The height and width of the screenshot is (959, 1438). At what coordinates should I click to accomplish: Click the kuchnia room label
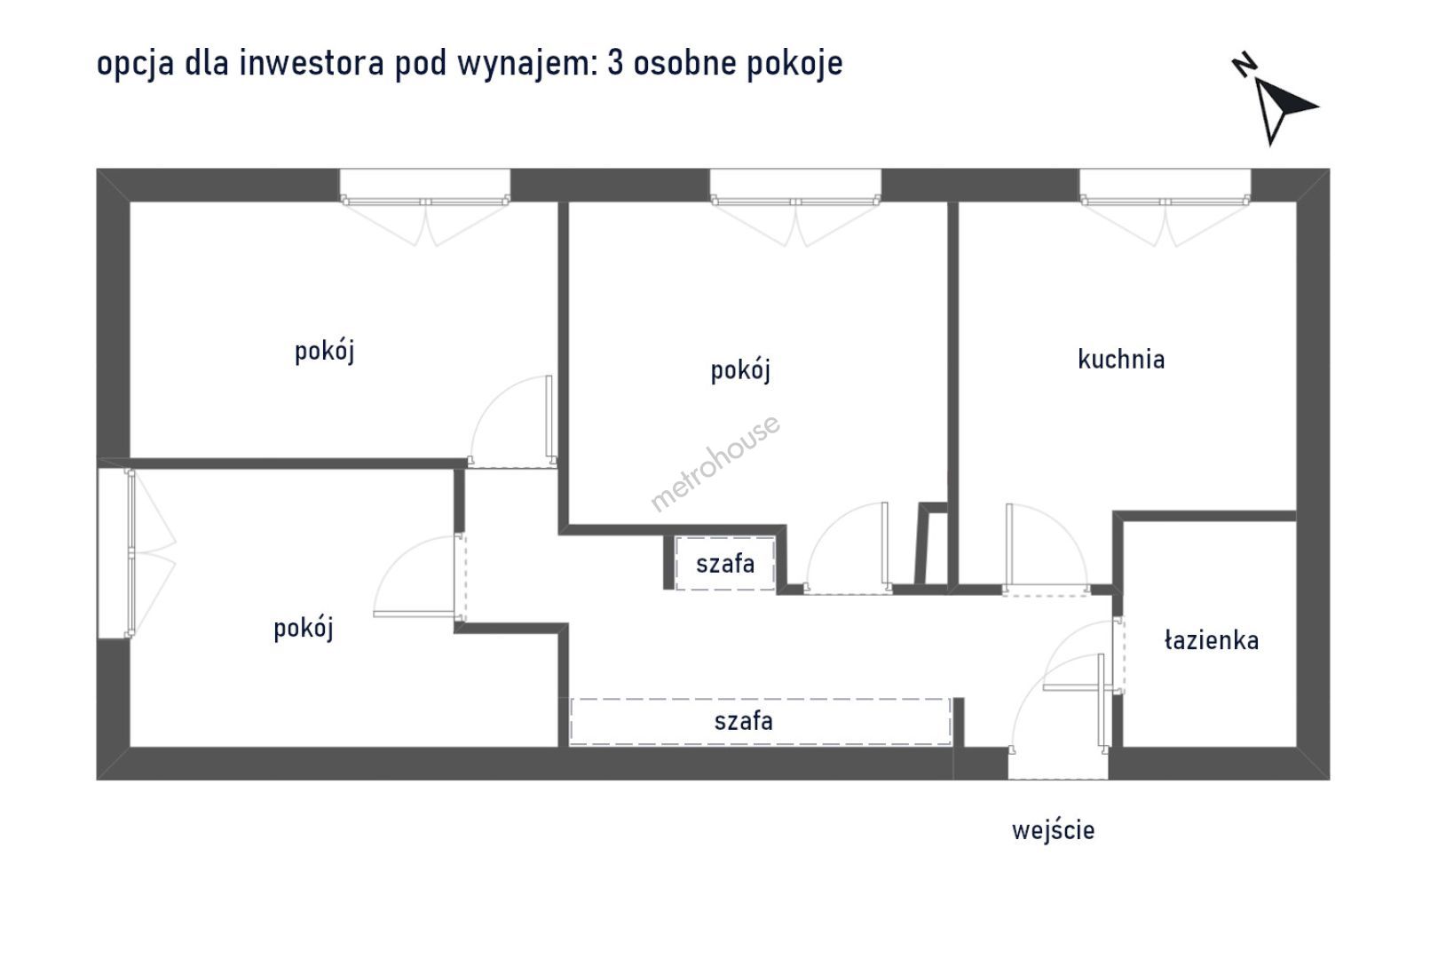1121,360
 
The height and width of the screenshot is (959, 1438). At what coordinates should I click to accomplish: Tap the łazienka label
1211,640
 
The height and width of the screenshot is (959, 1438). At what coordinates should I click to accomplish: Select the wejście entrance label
1053,830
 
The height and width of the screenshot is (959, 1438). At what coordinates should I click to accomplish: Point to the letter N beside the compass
1244,67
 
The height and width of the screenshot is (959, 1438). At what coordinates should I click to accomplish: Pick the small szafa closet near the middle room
724,563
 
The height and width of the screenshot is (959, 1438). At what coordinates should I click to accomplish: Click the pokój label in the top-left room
324,352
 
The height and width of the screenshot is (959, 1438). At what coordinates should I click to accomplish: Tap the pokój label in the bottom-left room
303,629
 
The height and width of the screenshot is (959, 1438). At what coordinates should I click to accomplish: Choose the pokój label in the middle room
739,370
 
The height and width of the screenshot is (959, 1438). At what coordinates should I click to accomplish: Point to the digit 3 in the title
614,64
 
